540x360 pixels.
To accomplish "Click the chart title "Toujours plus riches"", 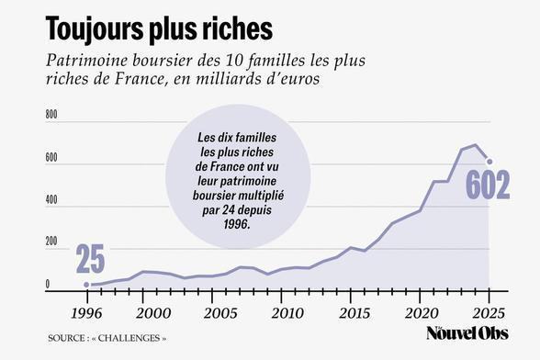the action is point(159,28).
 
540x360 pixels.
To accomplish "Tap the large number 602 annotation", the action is point(488,185).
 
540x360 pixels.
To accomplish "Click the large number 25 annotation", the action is point(90,259).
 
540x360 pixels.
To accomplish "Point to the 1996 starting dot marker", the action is point(86,285).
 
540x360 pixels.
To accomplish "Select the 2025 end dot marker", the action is point(489,162).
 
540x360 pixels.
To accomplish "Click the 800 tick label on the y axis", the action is point(51,115).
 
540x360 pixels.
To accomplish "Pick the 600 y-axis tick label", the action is point(51,157).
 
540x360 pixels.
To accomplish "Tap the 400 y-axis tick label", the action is point(51,200).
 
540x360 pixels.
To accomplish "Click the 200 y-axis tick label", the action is point(51,242).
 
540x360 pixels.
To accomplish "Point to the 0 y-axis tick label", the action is point(48,285).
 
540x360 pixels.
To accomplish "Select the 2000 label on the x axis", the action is point(153,313).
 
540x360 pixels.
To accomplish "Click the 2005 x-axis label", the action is point(220,313).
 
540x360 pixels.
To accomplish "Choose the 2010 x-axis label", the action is point(287,313).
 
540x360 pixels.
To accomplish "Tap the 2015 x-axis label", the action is point(354,313).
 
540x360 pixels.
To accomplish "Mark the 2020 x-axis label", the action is point(422,313).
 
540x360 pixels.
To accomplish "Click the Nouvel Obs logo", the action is point(467,333).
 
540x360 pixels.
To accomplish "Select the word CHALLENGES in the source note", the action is point(126,338).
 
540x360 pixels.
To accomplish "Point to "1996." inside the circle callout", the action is point(237,224).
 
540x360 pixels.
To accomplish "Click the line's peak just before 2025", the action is point(476,145).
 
